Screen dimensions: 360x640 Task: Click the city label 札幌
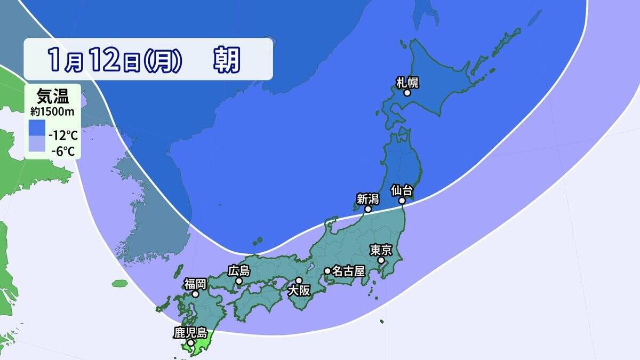pyautogui.click(x=407, y=82)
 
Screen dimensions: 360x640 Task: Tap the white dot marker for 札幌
pyautogui.click(x=407, y=93)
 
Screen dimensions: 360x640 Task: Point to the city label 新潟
pyautogui.click(x=367, y=199)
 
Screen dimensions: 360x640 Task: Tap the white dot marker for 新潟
pyautogui.click(x=367, y=209)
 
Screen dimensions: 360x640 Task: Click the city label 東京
pyautogui.click(x=381, y=250)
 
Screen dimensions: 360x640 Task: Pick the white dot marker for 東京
pyautogui.click(x=381, y=260)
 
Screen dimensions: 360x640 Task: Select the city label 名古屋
pyautogui.click(x=348, y=271)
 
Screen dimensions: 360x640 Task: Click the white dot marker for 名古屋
pyautogui.click(x=327, y=271)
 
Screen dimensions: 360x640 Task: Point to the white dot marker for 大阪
pyautogui.click(x=299, y=281)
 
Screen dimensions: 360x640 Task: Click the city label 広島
pyautogui.click(x=238, y=271)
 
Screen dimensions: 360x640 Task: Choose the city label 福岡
pyautogui.click(x=196, y=283)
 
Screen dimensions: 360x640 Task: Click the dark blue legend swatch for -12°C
pyautogui.click(x=37, y=128)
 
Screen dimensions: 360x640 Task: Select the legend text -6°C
pyautogui.click(x=63, y=151)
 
